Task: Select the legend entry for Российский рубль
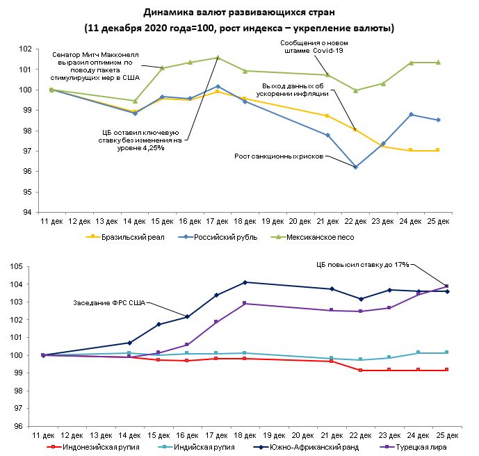[226, 237]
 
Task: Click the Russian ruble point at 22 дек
[356, 167]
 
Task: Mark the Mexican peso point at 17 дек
[218, 58]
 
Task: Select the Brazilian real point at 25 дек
[438, 150]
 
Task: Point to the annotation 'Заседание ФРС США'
[108, 302]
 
